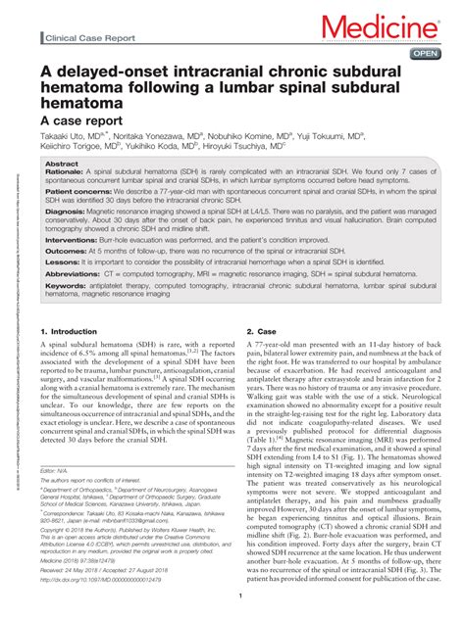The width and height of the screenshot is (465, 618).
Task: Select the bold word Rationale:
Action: (x=67, y=172)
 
